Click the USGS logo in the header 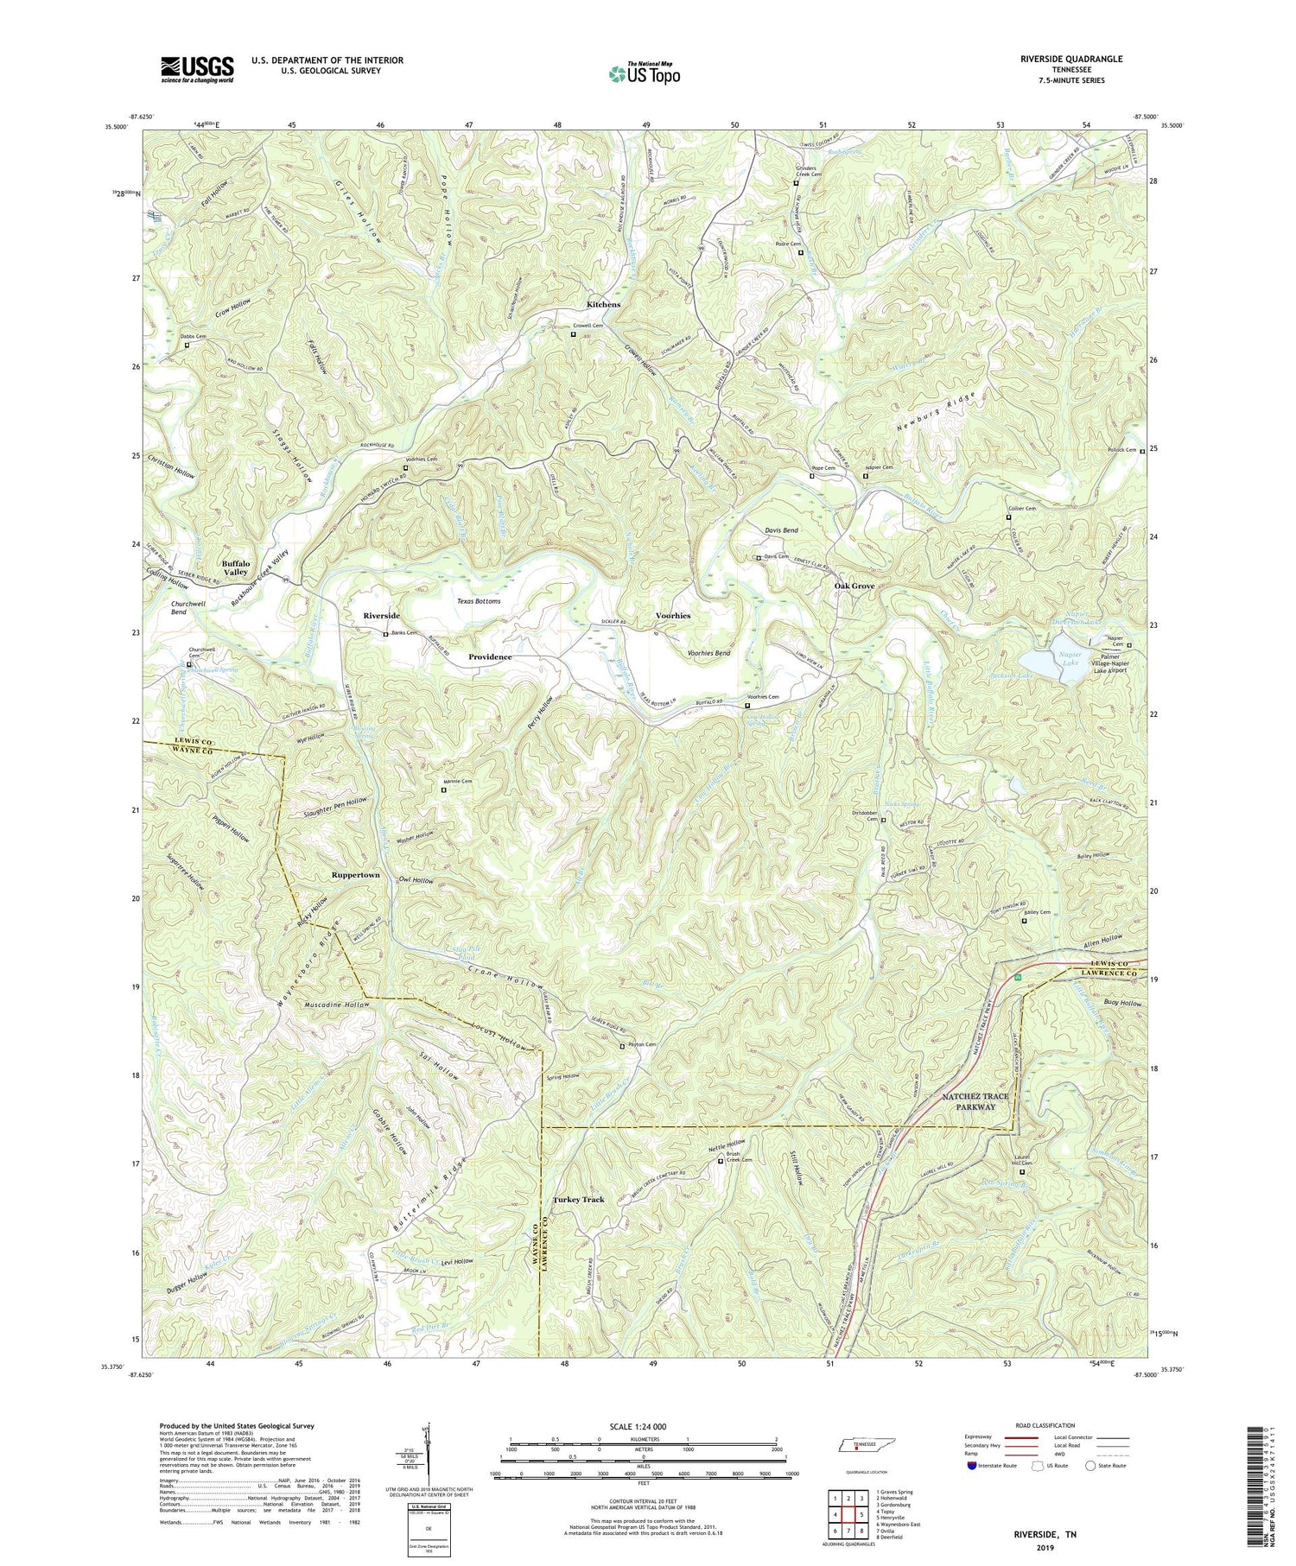coord(197,69)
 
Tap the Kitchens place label coord(603,305)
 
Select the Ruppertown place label coord(355,875)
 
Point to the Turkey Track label coord(578,1200)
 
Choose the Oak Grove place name coord(854,586)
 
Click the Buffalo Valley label coord(235,567)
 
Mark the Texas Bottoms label coord(479,600)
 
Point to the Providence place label coord(490,657)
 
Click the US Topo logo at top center coord(644,73)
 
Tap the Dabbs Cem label coord(194,336)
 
